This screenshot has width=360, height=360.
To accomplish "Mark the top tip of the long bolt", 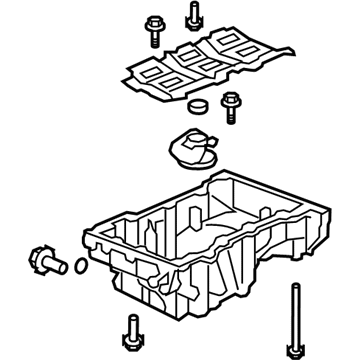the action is [x=295, y=286].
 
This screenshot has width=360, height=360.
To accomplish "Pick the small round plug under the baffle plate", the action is [x=195, y=107].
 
